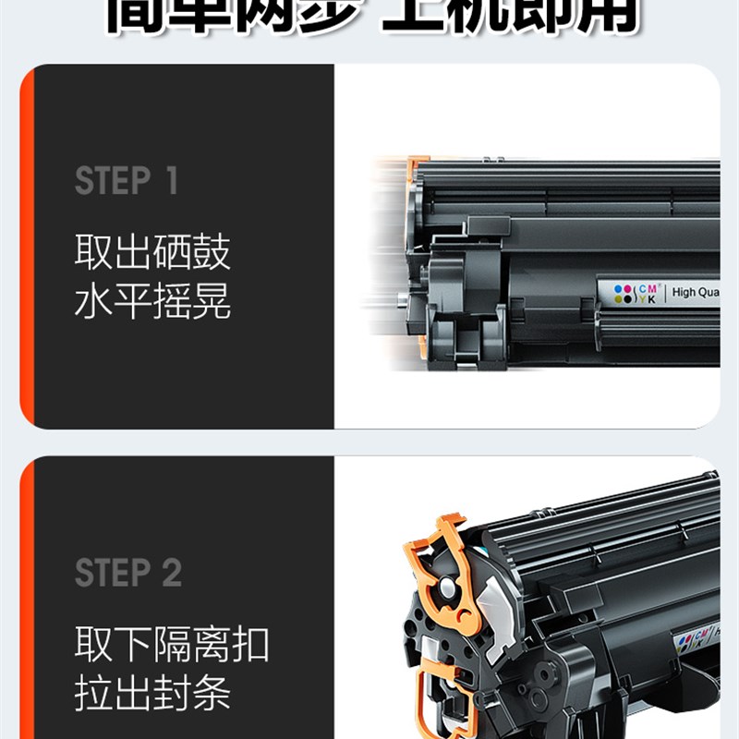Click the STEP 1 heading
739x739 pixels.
coord(126,181)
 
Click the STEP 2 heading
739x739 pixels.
coord(128,574)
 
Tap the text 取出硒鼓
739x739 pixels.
coord(152,252)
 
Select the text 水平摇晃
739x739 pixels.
coord(152,302)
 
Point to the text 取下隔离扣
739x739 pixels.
coord(172,645)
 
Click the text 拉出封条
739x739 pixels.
coord(152,695)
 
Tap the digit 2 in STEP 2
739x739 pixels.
coord(172,574)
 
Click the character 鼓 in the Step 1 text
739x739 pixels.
coord(212,252)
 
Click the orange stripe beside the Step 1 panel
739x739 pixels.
coord(27,247)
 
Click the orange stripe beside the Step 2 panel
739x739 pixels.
coord(27,600)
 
